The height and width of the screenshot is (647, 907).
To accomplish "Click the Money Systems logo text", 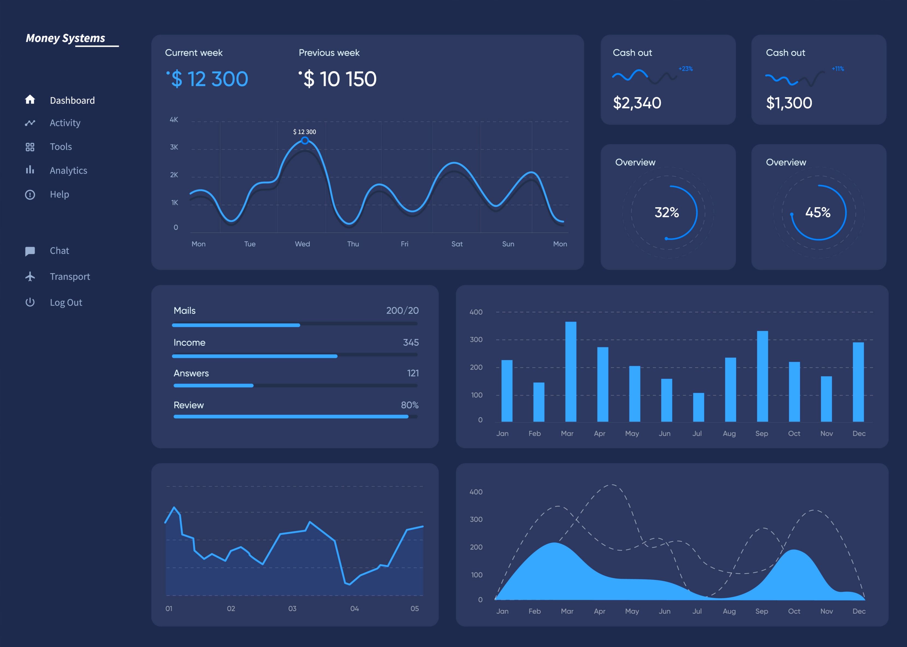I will point(65,38).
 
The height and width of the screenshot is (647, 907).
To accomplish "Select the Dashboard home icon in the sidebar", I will point(30,100).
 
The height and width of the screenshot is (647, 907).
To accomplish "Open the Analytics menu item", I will point(68,170).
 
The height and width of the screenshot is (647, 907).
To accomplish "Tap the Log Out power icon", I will point(30,302).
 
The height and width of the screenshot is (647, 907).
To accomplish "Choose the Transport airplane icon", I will point(30,276).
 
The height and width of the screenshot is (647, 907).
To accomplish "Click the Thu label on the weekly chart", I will point(353,244).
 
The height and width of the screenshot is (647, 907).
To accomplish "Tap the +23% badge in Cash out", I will point(686,69).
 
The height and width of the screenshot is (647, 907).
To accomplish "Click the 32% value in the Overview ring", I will point(666,212).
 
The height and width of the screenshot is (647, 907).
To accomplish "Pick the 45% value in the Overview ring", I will point(817,212).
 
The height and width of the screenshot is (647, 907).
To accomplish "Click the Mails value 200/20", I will point(402,310).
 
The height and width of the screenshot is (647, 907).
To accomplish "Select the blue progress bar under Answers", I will point(214,386).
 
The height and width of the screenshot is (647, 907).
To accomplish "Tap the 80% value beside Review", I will point(409,405).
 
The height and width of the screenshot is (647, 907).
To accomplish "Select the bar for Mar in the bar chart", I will point(571,371).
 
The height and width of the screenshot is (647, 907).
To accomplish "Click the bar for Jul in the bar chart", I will point(698,407).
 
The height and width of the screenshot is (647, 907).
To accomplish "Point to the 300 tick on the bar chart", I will point(476,340).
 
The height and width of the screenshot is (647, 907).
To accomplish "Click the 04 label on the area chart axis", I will point(354,608).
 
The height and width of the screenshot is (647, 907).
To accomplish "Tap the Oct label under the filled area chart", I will point(794,611).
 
